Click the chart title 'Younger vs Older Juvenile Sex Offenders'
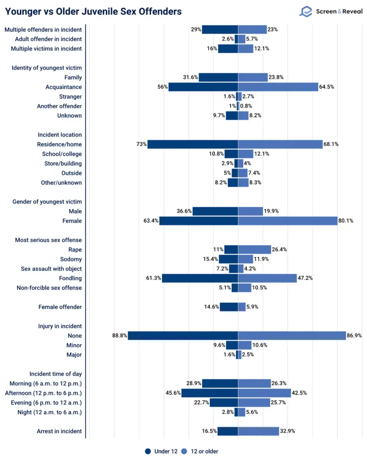click(93, 11)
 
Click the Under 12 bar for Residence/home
click(193, 144)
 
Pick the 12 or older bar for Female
click(288, 221)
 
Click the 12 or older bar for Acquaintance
click(278, 87)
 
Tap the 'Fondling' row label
click(70, 278)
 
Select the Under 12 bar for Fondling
click(200, 278)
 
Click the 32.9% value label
click(287, 431)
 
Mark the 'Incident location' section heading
click(60, 135)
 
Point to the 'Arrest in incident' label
click(59, 431)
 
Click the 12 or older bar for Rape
click(254, 250)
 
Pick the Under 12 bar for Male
click(215, 211)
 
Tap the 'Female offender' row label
click(60, 307)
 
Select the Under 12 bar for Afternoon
click(210, 393)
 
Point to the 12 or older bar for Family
click(253, 77)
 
